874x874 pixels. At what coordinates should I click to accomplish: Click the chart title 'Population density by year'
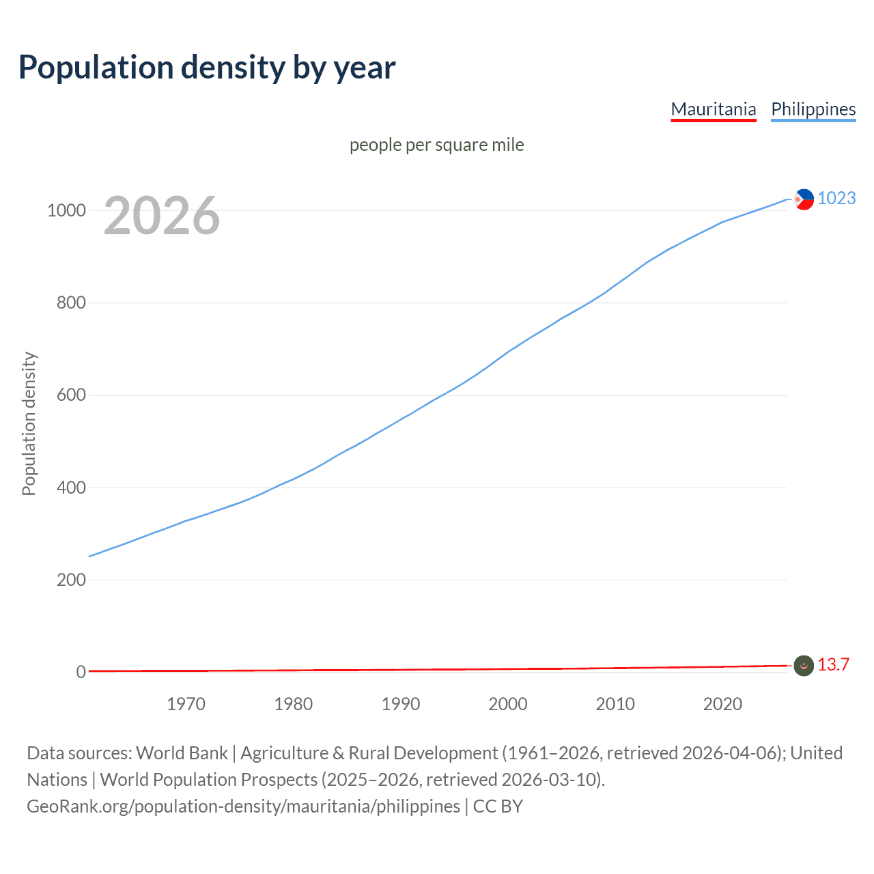(x=207, y=68)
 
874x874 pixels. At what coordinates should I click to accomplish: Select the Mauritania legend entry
(x=714, y=109)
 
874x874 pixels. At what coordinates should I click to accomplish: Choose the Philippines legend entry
(x=813, y=109)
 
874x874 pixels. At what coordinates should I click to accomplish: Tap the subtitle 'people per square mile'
(x=436, y=145)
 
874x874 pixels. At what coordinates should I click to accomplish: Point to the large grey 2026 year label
(x=162, y=216)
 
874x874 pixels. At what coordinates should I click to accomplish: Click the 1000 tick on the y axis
(x=66, y=210)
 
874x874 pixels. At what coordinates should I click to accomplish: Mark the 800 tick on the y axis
(x=71, y=302)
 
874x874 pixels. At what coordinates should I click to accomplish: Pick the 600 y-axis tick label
(x=71, y=395)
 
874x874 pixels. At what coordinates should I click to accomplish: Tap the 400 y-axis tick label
(x=71, y=488)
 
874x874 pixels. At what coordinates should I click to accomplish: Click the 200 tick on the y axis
(x=71, y=580)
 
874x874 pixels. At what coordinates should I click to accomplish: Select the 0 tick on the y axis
(x=81, y=673)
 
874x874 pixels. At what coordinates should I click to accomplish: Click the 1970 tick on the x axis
(x=186, y=704)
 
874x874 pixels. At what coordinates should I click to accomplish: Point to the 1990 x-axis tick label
(x=401, y=704)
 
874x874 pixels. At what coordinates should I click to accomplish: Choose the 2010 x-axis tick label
(x=615, y=704)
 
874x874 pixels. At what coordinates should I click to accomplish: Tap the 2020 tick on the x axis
(x=722, y=704)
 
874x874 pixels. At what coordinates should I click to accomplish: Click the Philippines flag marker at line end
(x=804, y=199)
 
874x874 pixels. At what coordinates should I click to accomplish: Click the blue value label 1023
(x=836, y=199)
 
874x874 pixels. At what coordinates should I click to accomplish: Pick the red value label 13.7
(x=833, y=665)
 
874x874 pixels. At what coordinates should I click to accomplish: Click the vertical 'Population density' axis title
(x=29, y=423)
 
